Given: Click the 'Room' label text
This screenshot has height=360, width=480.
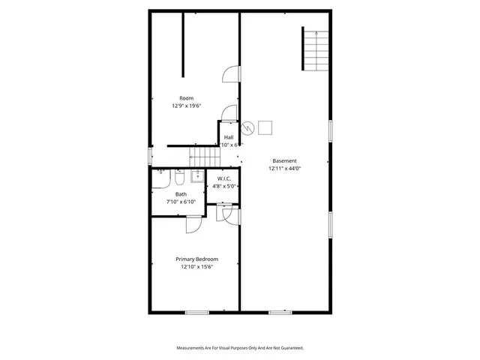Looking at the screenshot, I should (x=186, y=98).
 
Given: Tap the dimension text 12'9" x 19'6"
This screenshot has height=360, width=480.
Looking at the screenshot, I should (x=186, y=106).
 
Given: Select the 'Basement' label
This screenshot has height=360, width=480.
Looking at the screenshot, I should (x=284, y=160).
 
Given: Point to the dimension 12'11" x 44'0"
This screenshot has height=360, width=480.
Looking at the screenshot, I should (x=284, y=169).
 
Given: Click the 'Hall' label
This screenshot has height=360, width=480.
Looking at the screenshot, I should (x=229, y=137).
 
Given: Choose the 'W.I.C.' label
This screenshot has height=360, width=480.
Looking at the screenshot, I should (x=223, y=178).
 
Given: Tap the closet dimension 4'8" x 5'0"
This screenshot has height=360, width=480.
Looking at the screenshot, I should (x=223, y=186).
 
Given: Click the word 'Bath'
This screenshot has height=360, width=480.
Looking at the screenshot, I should (x=181, y=194).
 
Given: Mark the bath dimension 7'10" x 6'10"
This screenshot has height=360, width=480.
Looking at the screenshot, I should (x=181, y=202).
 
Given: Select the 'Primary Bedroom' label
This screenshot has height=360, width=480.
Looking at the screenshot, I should (x=196, y=259).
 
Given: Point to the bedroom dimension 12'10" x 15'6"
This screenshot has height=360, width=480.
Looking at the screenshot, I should (x=196, y=267).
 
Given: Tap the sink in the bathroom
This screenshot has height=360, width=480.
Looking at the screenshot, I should (x=196, y=176).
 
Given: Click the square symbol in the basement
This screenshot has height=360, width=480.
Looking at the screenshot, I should (x=266, y=126).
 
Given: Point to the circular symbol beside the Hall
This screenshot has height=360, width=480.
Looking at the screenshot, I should (x=249, y=126).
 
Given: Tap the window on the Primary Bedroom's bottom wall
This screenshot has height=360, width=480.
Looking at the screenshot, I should (x=196, y=312).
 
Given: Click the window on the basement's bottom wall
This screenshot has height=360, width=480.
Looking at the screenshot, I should (x=280, y=312).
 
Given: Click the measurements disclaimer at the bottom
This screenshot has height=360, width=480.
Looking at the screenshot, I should (x=240, y=348).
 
